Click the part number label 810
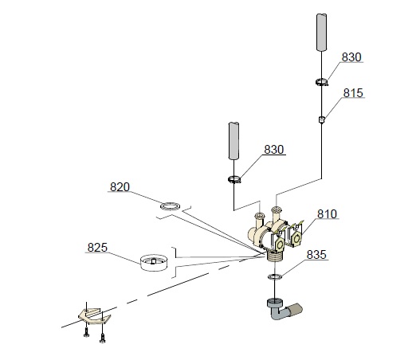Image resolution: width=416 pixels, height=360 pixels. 328,213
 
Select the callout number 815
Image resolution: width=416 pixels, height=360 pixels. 353,93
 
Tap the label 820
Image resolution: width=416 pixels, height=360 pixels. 120,187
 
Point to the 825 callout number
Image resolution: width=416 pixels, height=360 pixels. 97,248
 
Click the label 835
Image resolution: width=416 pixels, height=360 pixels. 316,255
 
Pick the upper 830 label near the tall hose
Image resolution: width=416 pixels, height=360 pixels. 351,57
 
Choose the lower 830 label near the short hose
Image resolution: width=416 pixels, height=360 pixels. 274,150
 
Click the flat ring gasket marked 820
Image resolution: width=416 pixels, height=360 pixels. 170,205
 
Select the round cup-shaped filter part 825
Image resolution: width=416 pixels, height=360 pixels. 154,263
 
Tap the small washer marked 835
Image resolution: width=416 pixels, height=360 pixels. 275,276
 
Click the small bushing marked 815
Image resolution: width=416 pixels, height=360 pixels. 322,119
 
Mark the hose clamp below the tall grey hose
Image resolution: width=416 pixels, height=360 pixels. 322,82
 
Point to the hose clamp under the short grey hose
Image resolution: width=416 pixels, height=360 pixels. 234,180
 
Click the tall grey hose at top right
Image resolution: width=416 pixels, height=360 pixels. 321,32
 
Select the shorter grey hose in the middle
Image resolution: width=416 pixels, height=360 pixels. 234,141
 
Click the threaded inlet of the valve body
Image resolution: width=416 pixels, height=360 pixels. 275,256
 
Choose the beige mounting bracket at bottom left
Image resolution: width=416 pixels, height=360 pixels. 94,316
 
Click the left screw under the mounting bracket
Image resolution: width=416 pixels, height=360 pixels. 86,331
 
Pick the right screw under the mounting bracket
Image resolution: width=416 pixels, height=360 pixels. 103,337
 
